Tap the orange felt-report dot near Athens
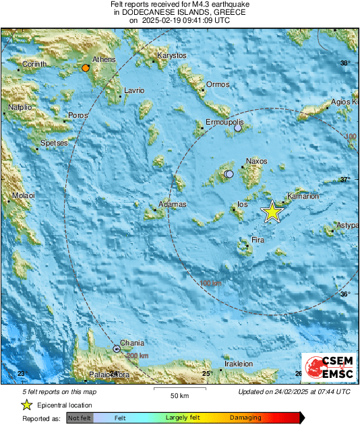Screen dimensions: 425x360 tap(86, 68)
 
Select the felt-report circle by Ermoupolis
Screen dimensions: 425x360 tap(238, 127)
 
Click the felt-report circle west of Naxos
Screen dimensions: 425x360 tap(229, 174)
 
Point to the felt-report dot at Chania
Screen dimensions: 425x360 tap(117, 349)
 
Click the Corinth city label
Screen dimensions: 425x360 tap(34, 64)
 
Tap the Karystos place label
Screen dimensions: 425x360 tap(171, 55)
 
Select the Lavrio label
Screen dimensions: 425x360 tap(134, 90)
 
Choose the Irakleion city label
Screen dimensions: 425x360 tap(238, 364)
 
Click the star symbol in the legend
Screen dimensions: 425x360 tap(26, 405)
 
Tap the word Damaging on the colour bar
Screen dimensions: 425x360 tap(245, 418)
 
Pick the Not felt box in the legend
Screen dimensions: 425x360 tap(79, 418)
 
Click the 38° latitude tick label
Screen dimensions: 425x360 tap(345, 63)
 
